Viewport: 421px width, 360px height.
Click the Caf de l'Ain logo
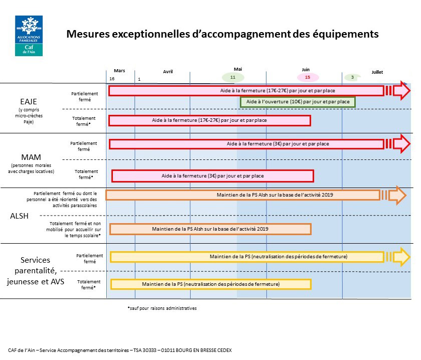tap(29, 35)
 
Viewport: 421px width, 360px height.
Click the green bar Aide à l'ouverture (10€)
tap(298, 102)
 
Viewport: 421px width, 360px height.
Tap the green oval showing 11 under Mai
tap(233, 78)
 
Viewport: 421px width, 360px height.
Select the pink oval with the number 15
tap(307, 78)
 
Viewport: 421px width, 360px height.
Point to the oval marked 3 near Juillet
tap(352, 78)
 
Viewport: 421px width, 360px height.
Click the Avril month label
tap(168, 72)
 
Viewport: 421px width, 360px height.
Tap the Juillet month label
tap(377, 72)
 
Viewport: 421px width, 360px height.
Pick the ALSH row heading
tap(19, 216)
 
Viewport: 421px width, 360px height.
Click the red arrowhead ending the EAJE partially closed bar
tap(401, 91)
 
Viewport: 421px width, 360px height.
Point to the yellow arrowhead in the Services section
tap(401, 257)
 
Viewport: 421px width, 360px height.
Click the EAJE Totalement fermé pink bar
tap(210, 120)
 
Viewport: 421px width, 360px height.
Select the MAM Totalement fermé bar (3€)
tap(212, 176)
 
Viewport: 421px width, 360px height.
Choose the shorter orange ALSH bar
tap(210, 229)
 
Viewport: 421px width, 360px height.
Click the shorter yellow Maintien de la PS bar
tap(211, 284)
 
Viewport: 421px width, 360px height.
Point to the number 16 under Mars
tap(112, 79)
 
